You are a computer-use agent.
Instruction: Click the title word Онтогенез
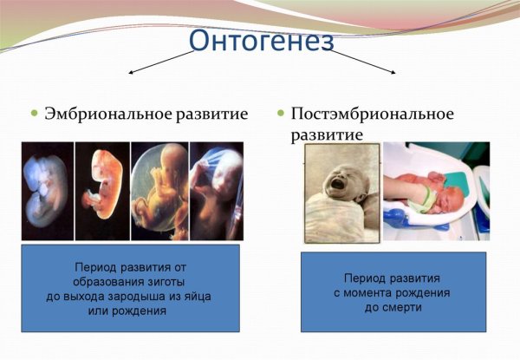(260, 42)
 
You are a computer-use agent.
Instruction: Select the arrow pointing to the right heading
(364, 62)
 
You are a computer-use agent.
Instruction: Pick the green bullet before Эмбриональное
(36, 114)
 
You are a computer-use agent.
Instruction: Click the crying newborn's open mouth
(335, 186)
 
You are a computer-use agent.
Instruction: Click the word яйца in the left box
(196, 296)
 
